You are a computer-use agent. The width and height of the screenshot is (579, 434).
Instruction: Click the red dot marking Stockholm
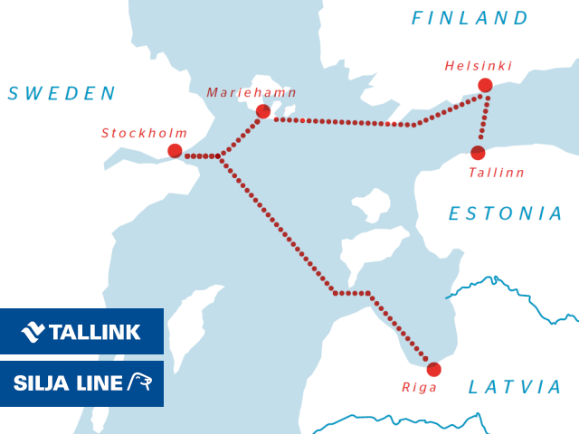point(175,151)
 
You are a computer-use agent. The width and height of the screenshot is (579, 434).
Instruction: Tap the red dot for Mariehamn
point(262,111)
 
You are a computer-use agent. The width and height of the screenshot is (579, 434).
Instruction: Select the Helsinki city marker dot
point(485,85)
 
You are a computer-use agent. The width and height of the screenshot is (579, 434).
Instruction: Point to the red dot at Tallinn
point(478,153)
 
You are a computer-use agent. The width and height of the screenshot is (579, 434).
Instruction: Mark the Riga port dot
point(433,369)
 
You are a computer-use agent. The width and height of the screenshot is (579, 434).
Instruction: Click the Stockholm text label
point(145,133)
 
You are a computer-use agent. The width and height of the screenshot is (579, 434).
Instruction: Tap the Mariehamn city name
point(252,92)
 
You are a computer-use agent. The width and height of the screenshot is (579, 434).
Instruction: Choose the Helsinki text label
point(479,66)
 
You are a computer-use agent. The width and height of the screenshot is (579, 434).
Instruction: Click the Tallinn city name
point(497,172)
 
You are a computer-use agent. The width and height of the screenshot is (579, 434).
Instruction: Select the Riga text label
point(420,387)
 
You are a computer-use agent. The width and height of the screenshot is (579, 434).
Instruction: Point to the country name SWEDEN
point(62,93)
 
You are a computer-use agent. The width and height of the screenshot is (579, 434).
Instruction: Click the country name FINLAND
point(470,18)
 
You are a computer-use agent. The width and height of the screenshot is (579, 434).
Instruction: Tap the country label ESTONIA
point(507,214)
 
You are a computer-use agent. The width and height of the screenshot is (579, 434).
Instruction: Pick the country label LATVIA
point(516,387)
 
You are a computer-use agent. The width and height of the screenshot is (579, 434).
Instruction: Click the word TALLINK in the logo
point(96,332)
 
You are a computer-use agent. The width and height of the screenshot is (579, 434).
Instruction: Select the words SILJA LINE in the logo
point(68,383)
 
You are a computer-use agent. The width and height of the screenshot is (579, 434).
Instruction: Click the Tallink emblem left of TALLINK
point(33,332)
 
